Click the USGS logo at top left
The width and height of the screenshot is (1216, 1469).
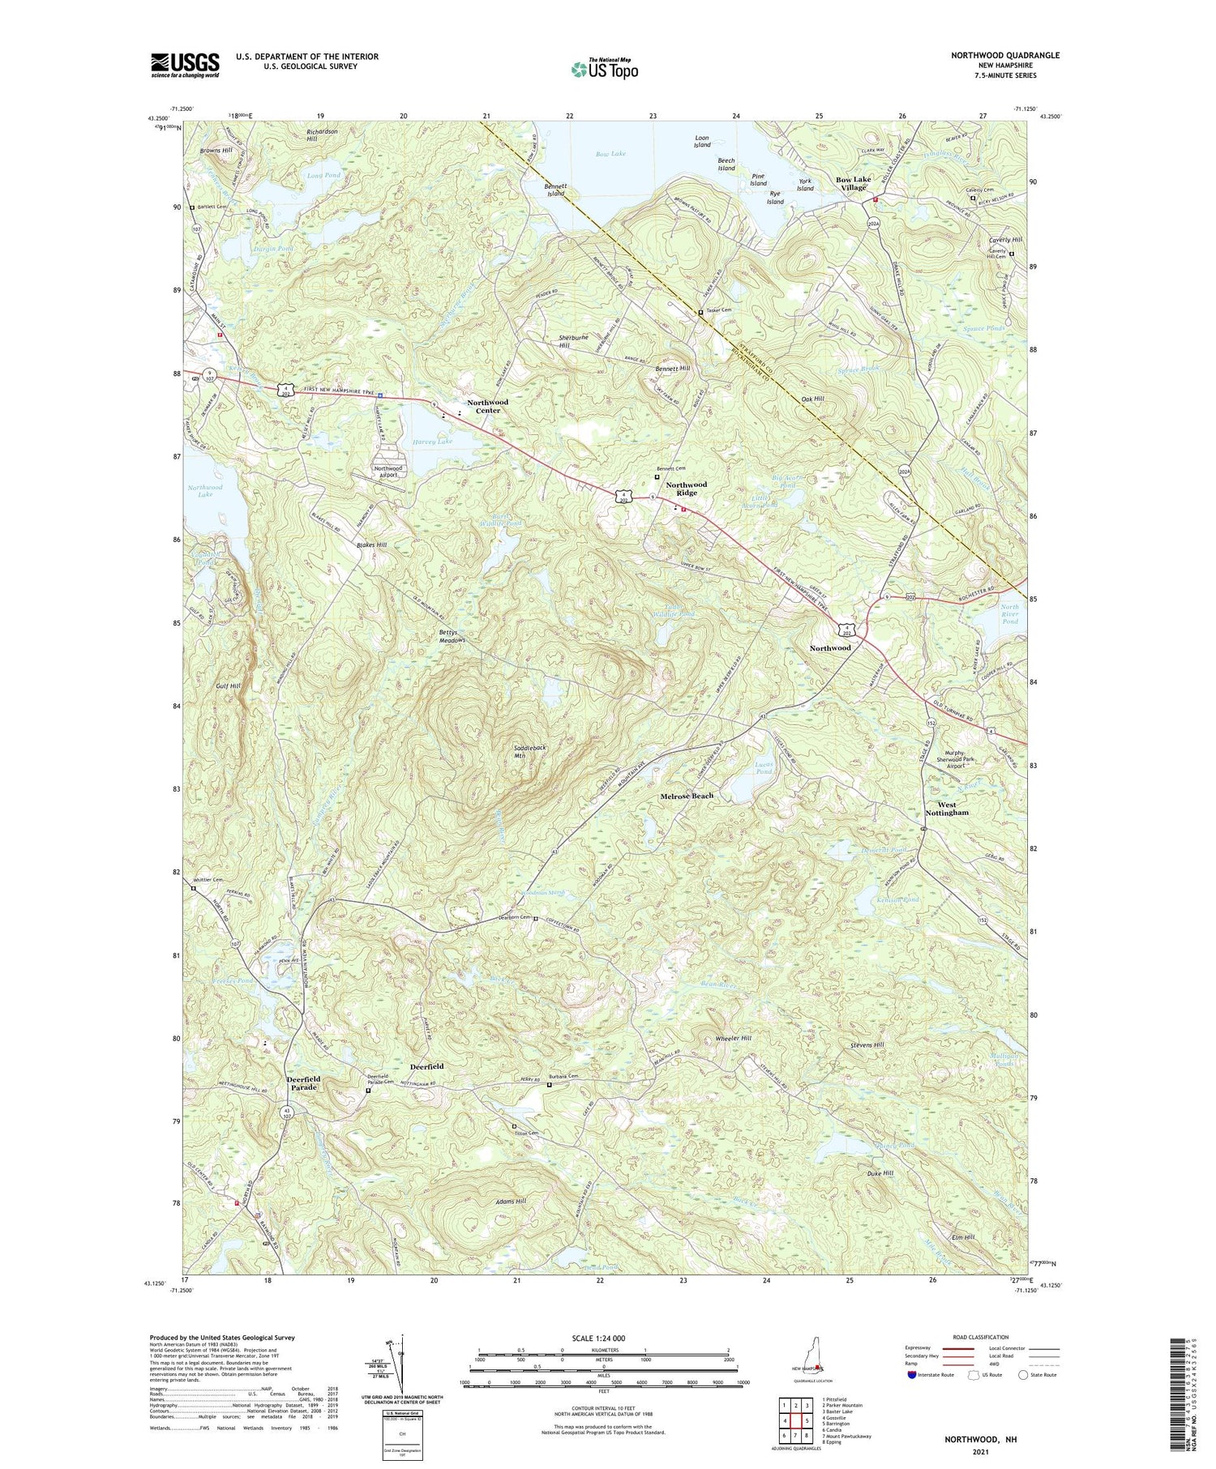185,65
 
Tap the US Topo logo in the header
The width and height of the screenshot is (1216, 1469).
605,69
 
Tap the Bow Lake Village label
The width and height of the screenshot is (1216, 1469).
853,183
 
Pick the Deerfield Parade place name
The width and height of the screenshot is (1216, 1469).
303,1083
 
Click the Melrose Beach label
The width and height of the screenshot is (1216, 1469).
687,796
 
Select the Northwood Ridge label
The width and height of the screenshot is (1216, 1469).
686,489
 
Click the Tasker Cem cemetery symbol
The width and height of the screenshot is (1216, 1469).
700,312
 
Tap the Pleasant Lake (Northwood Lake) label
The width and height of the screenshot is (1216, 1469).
205,490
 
